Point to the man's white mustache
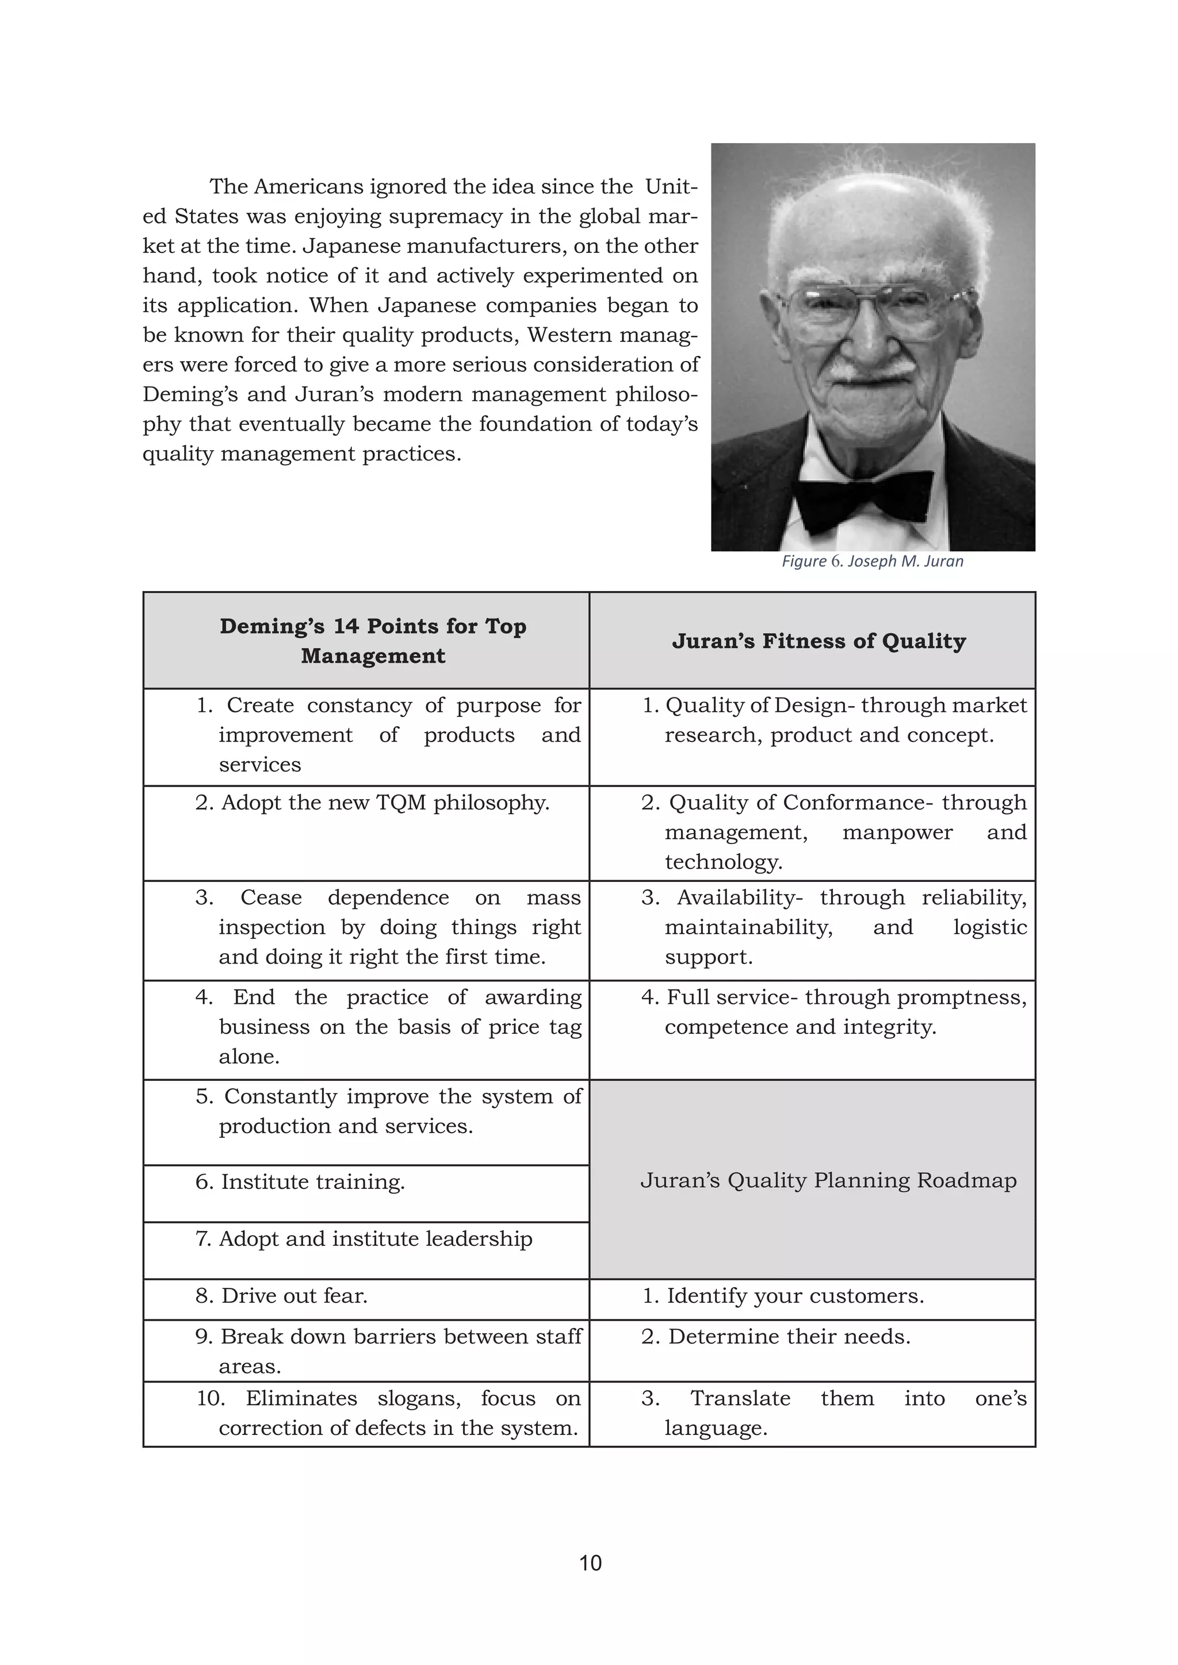tap(870, 369)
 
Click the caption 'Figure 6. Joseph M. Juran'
tap(872, 561)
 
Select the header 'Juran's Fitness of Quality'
tap(819, 641)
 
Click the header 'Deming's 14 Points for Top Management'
tap(373, 640)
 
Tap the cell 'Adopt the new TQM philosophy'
tap(372, 803)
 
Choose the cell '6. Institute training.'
tap(300, 1182)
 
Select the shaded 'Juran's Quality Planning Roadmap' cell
tap(828, 1180)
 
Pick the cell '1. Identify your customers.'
tap(783, 1296)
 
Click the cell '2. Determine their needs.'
tap(775, 1337)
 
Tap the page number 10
tap(590, 1562)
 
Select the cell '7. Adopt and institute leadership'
tap(364, 1238)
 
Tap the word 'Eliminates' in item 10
tap(301, 1398)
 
